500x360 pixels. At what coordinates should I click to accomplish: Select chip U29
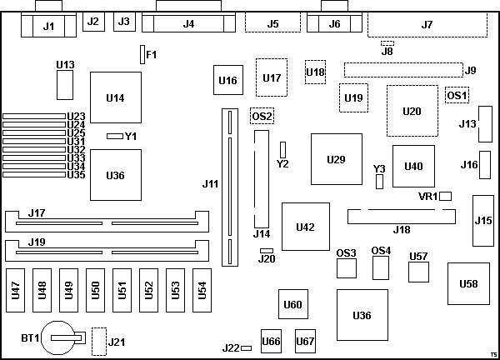(x=336, y=158)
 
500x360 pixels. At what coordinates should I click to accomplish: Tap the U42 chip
(x=305, y=227)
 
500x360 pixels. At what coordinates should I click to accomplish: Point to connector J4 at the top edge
(x=187, y=23)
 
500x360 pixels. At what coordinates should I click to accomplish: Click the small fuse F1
(x=142, y=55)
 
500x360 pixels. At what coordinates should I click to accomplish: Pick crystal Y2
(x=282, y=149)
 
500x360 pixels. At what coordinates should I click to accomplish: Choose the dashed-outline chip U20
(x=412, y=111)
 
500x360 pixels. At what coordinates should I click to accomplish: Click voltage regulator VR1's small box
(x=446, y=196)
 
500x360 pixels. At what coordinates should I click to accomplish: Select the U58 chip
(x=468, y=285)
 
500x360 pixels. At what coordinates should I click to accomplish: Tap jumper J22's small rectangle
(x=247, y=347)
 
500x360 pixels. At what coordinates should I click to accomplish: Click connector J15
(x=483, y=220)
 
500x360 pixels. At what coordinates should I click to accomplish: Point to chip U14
(x=115, y=98)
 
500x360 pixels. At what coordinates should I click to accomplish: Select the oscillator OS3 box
(x=346, y=268)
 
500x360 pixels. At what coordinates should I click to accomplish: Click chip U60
(x=292, y=304)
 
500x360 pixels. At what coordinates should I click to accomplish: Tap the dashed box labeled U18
(x=315, y=72)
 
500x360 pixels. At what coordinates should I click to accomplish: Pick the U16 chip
(x=227, y=80)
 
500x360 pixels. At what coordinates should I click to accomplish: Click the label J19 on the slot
(x=35, y=242)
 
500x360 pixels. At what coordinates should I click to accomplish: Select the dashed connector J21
(x=99, y=340)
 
